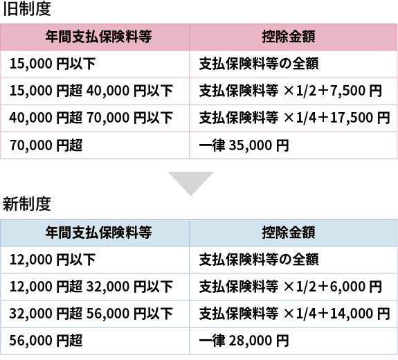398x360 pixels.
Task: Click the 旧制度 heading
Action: pyautogui.click(x=27, y=9)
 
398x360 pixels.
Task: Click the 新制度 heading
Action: pyautogui.click(x=27, y=204)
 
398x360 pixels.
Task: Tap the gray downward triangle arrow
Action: pyautogui.click(x=191, y=183)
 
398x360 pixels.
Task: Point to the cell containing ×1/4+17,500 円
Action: pyautogui.click(x=294, y=118)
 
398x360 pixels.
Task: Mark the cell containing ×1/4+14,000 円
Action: pyautogui.click(x=294, y=314)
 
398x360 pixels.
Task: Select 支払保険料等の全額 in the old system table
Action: pyautogui.click(x=259, y=64)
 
